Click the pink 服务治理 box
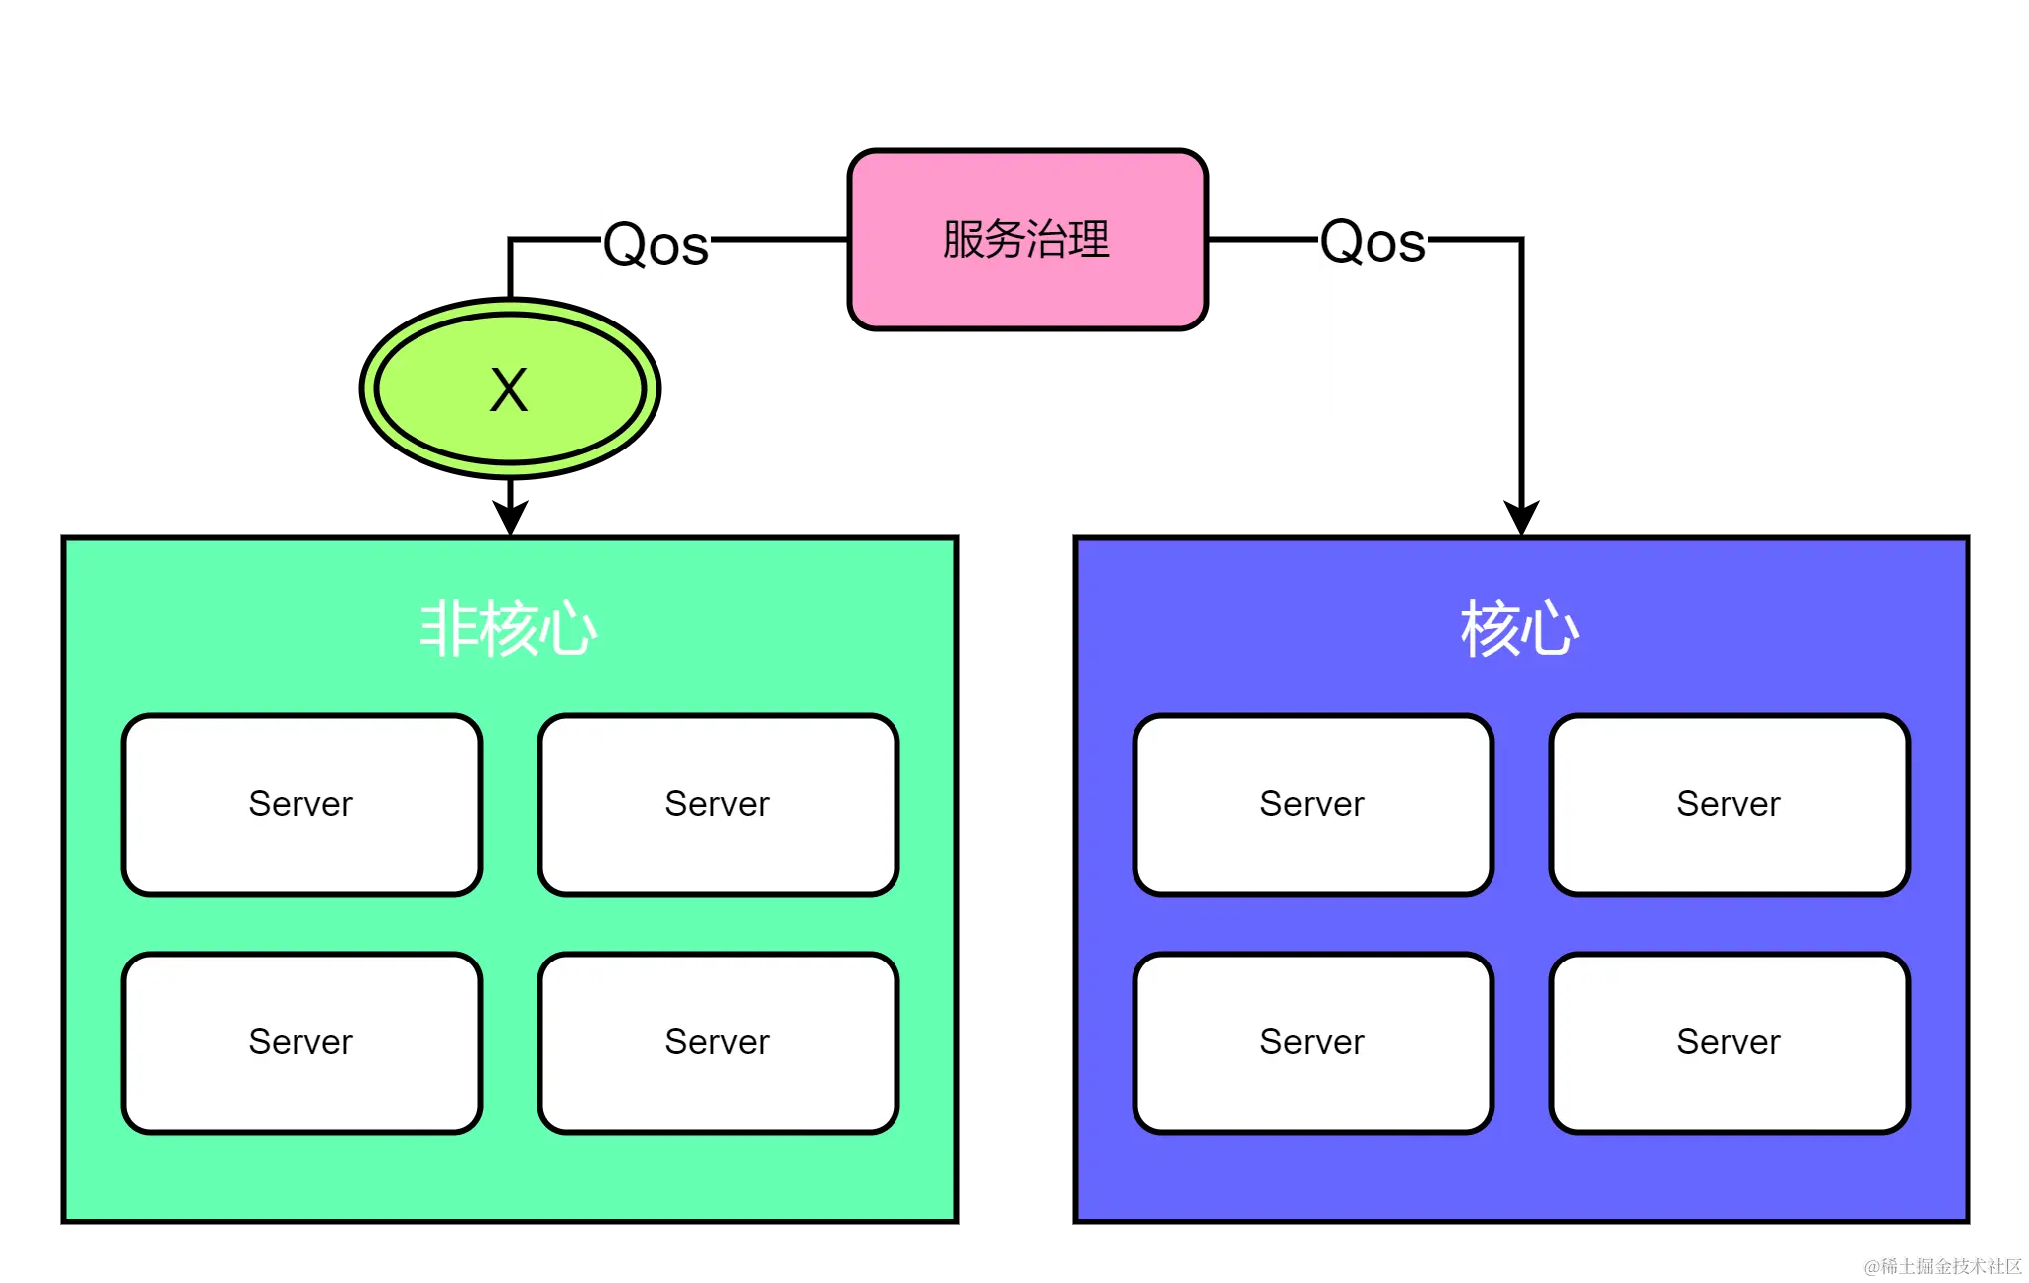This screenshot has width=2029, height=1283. coord(1027,239)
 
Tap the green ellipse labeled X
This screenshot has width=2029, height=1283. coord(510,388)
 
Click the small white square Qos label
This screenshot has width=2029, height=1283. coord(654,246)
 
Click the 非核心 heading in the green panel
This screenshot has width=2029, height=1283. coord(509,629)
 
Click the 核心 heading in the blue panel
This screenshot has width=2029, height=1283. coord(1519,629)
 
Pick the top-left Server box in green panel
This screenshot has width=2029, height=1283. coord(301,804)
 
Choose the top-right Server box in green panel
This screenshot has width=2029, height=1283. coord(718,804)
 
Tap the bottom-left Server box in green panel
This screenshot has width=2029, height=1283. coord(301,1042)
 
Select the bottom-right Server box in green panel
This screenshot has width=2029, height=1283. coord(718,1042)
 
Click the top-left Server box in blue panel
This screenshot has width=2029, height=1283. coord(1313,804)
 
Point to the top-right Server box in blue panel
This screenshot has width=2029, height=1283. coord(1730,804)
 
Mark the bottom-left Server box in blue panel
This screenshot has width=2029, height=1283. coord(1313,1042)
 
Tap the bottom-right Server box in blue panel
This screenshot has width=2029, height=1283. coord(1730,1042)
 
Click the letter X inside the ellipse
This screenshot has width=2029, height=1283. coord(509,390)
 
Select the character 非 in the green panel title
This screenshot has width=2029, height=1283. coord(447,629)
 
